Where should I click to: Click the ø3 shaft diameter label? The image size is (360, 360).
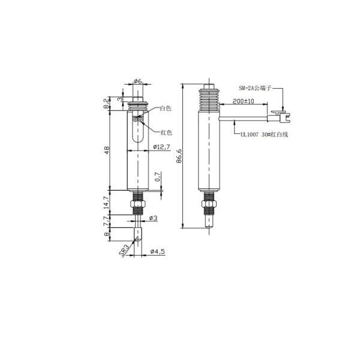pyautogui.click(x=152, y=218)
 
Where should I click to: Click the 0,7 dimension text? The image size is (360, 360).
pyautogui.click(x=158, y=178)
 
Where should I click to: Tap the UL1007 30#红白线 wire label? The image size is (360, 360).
pyautogui.click(x=263, y=134)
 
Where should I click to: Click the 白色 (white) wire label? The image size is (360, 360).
pyautogui.click(x=165, y=109)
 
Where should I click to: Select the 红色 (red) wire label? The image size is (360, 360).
pyautogui.click(x=166, y=132)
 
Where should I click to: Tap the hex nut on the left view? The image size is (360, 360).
pyautogui.click(x=137, y=206)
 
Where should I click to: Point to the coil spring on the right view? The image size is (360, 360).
pyautogui.click(x=208, y=100)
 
